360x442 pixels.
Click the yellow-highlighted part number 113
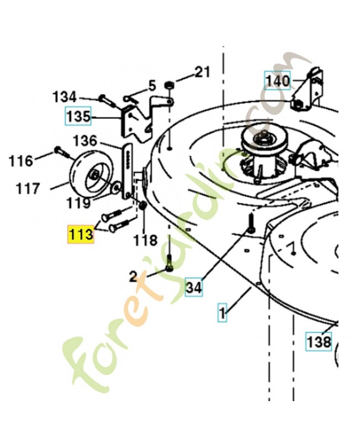(x=81, y=234)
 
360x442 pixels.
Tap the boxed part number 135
(x=78, y=117)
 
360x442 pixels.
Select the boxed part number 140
(x=277, y=82)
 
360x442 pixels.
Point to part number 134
(x=65, y=97)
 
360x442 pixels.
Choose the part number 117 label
(x=28, y=189)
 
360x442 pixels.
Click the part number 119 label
(x=78, y=203)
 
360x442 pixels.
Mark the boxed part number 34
(x=194, y=287)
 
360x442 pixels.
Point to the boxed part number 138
(x=319, y=341)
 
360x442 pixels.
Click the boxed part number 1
(x=223, y=315)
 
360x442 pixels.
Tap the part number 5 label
(x=151, y=86)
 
